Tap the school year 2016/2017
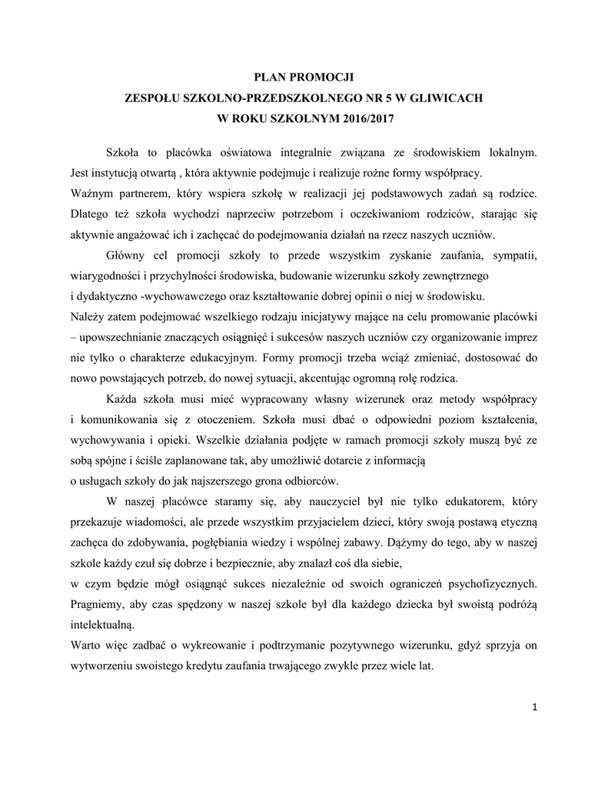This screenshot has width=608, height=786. point(360,120)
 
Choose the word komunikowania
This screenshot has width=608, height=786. point(120,421)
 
